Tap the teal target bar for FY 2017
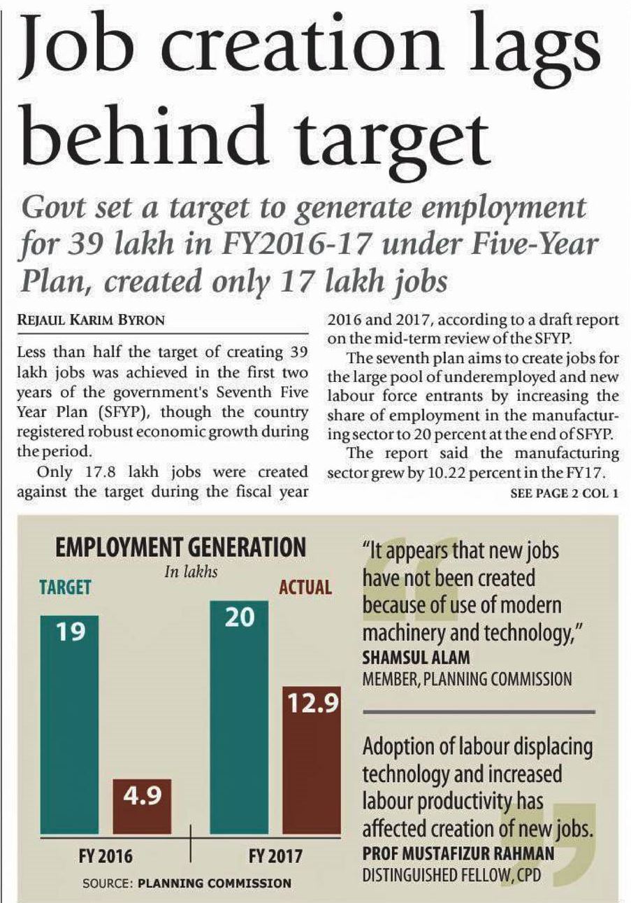coord(239,720)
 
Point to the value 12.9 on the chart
coord(310,703)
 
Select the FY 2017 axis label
coord(275,855)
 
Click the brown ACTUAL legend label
coord(305,586)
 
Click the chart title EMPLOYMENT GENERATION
coord(180,547)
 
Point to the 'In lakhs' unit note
coord(191,571)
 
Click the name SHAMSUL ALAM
coord(416,657)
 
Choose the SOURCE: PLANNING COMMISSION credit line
coord(187,883)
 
